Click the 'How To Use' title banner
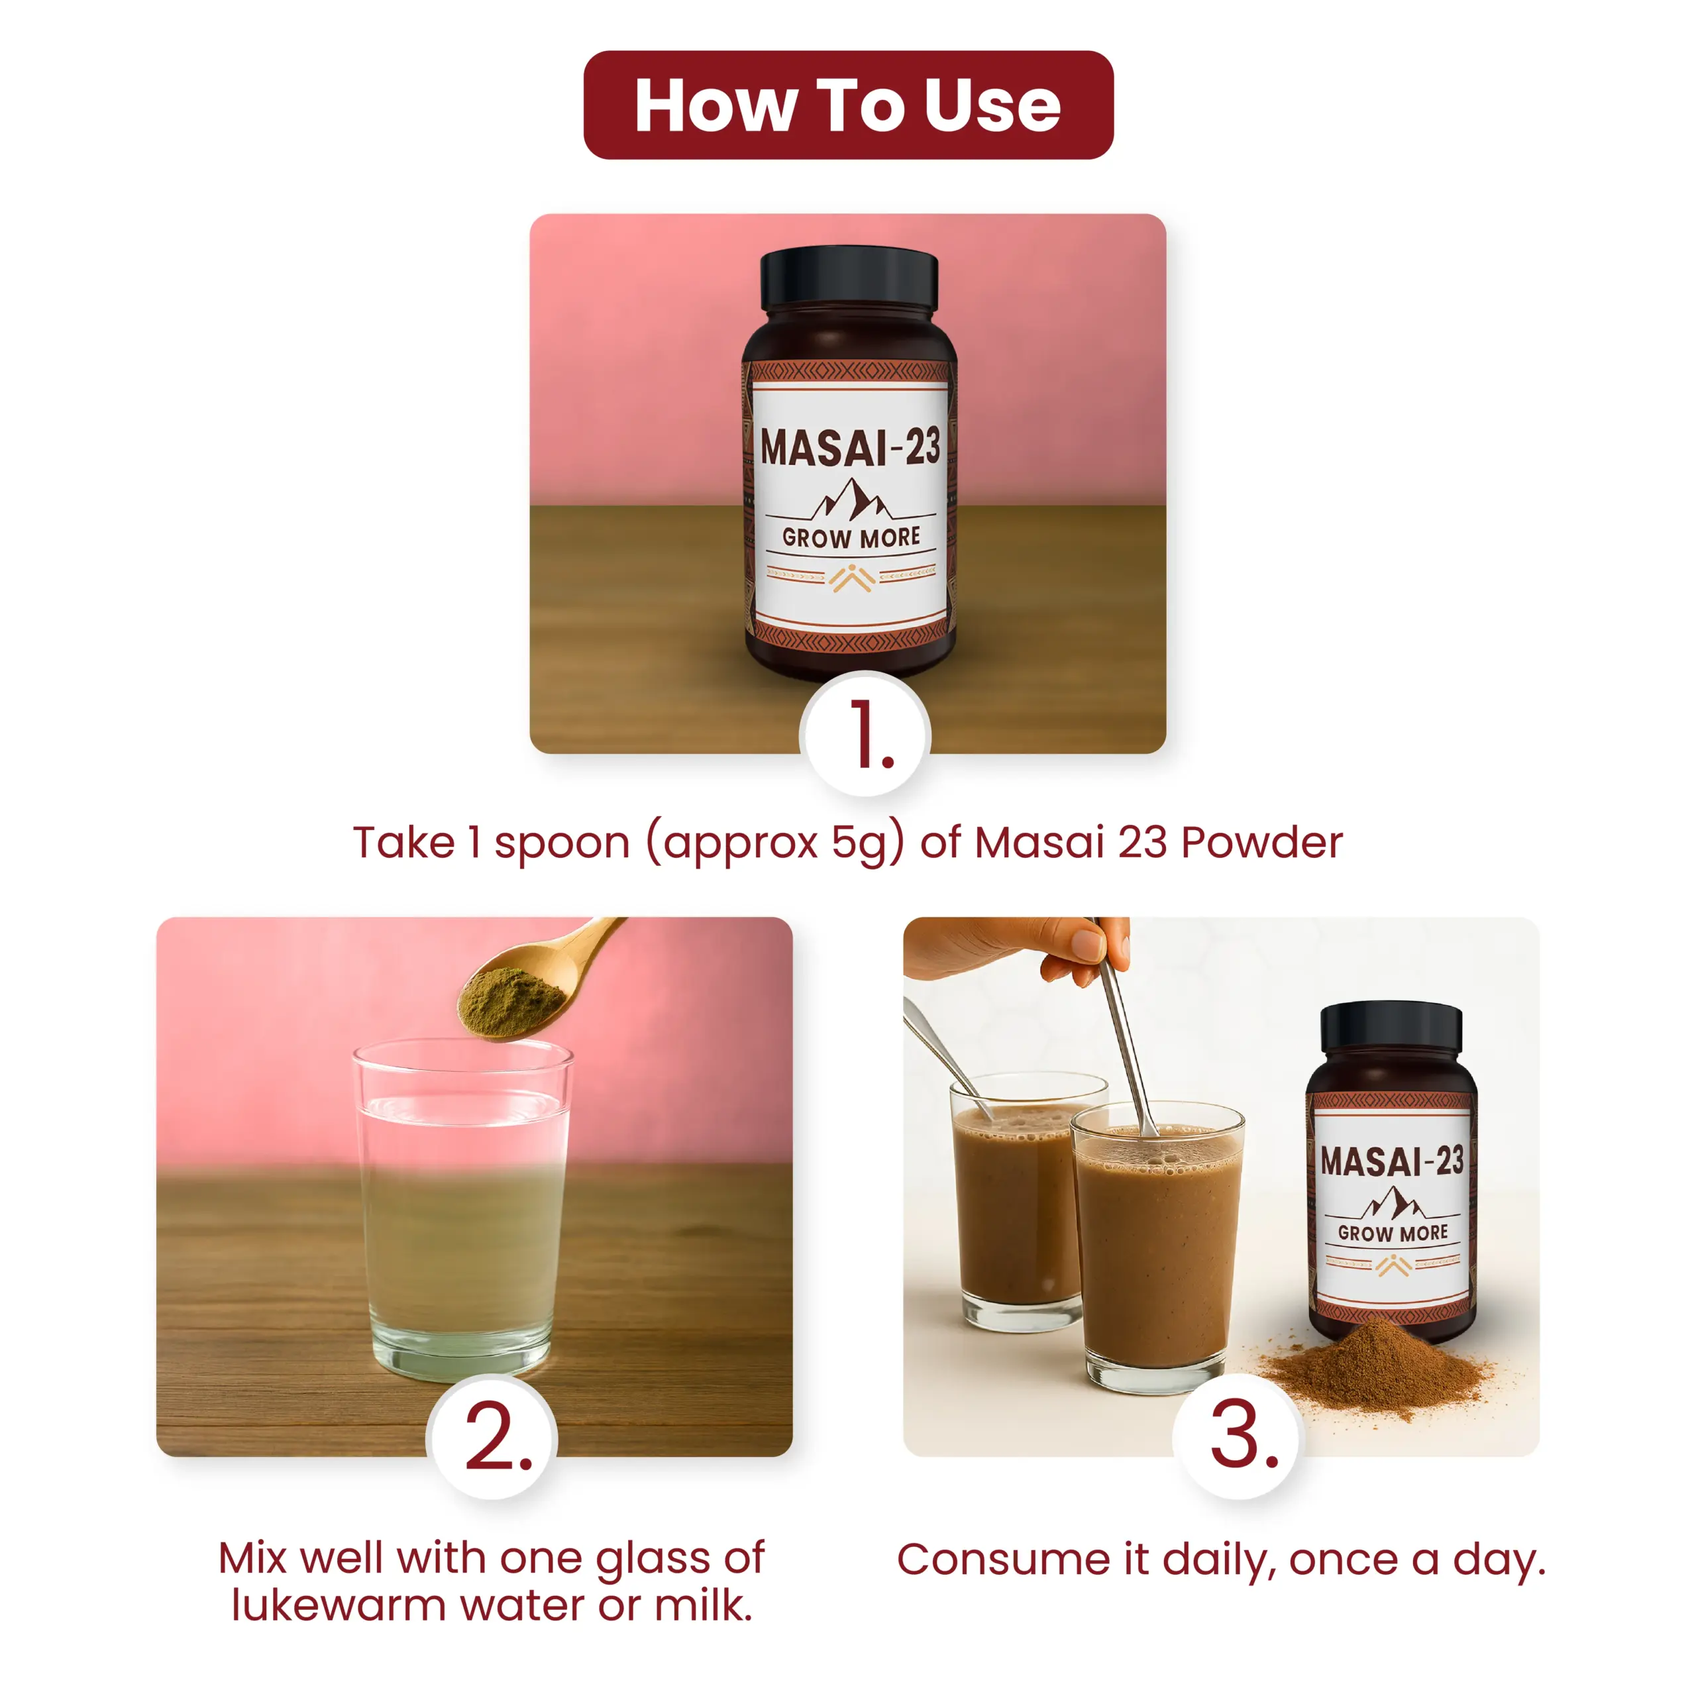coord(848,105)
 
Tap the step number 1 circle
coord(865,734)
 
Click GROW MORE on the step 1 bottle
coord(851,537)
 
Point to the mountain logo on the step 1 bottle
coord(850,499)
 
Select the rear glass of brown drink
coord(1018,1202)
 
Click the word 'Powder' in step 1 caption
coord(1261,842)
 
